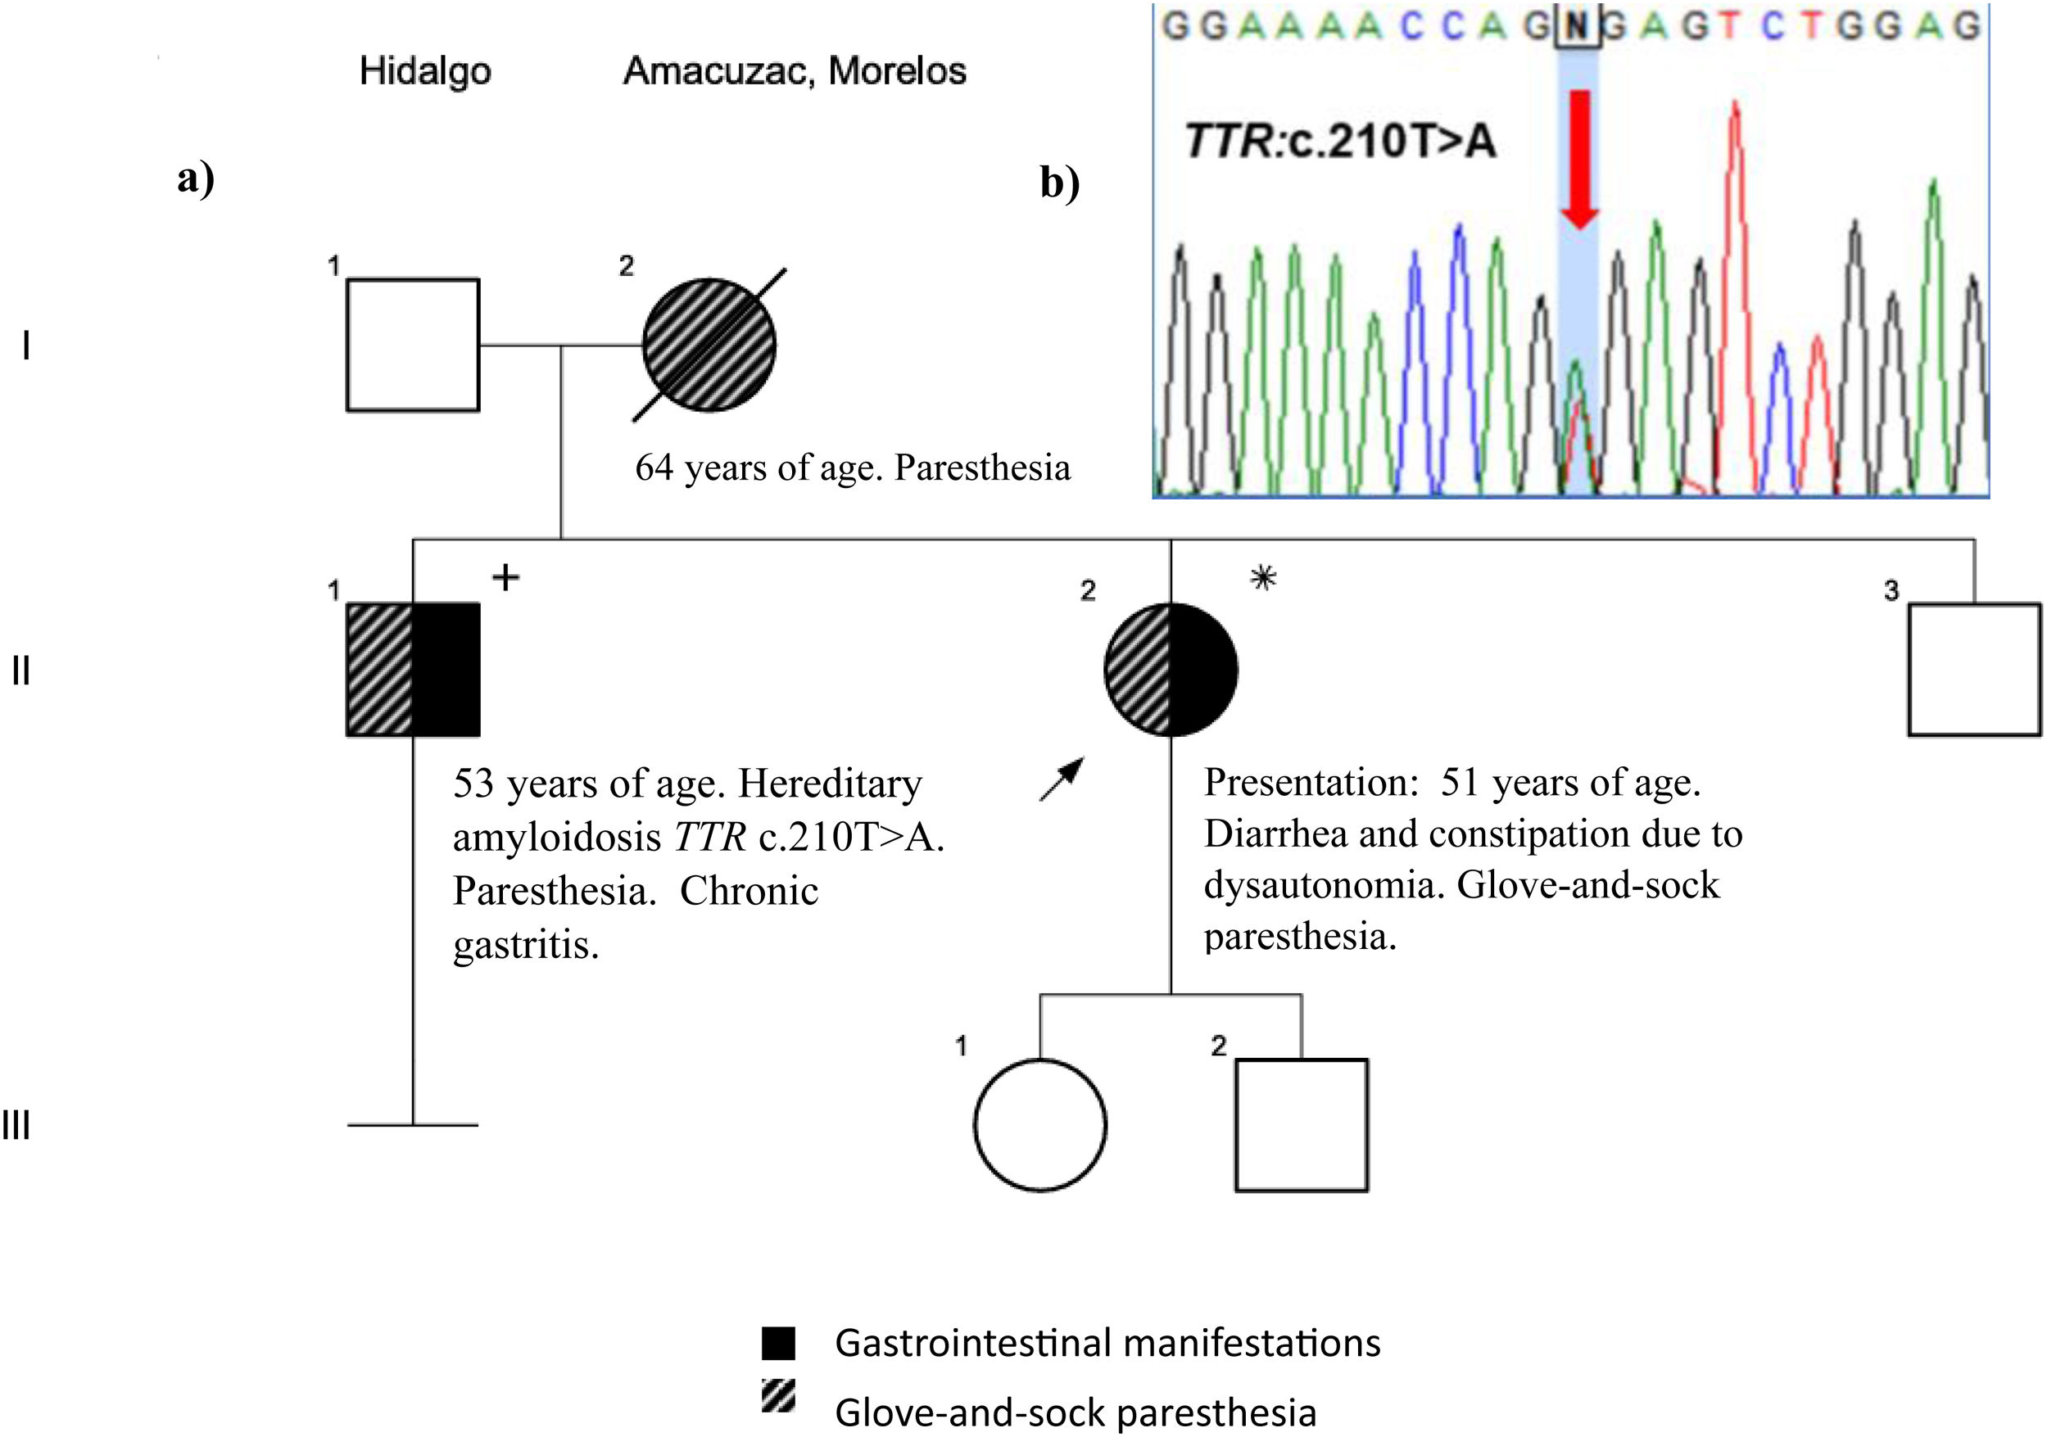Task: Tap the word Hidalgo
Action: [x=424, y=71]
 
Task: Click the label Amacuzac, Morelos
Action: [x=795, y=71]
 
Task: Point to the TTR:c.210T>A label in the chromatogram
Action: [x=1340, y=142]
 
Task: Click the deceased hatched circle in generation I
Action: [x=709, y=345]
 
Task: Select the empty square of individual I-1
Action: [x=413, y=345]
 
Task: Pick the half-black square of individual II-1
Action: [x=413, y=670]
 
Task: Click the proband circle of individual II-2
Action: [x=1171, y=670]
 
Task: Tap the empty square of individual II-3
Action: [x=1974, y=670]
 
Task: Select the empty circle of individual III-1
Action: [x=1040, y=1125]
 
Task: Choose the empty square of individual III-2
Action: [x=1302, y=1125]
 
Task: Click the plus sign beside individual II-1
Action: [x=505, y=577]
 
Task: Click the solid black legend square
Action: [x=778, y=1344]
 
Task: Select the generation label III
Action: [x=16, y=1126]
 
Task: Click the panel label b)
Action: [x=1060, y=183]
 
